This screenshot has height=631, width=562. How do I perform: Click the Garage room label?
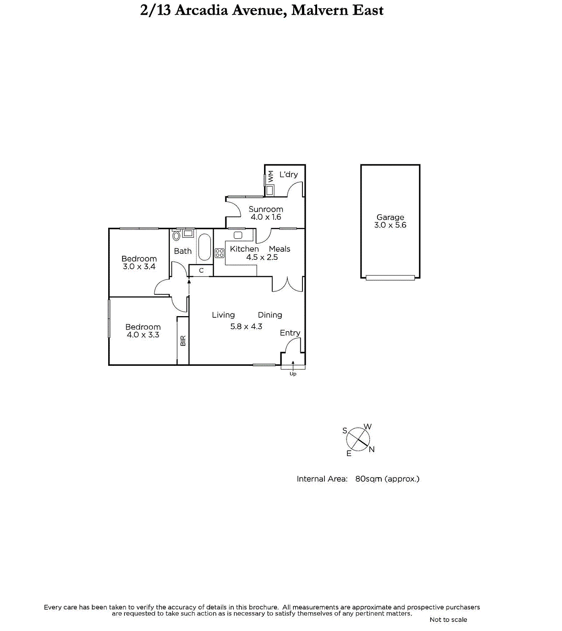390,217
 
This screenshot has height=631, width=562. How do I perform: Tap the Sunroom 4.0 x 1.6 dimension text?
266,217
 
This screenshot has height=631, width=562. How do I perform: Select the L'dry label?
289,175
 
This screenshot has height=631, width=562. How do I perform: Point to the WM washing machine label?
271,176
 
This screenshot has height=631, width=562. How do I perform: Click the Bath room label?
182,251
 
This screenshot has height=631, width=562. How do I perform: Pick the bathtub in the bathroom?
204,247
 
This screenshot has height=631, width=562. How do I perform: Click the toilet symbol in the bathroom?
176,235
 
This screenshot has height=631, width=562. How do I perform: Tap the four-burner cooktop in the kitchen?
220,253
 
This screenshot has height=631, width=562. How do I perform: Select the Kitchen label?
244,249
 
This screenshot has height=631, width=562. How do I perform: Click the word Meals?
280,249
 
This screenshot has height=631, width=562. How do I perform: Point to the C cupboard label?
201,270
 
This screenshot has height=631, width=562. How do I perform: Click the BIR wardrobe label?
183,341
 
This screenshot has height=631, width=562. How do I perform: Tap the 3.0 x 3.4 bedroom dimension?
139,267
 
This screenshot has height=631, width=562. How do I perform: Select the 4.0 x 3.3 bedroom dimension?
143,335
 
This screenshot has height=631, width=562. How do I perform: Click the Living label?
223,315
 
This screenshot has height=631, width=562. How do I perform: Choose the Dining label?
270,315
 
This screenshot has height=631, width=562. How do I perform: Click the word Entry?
290,333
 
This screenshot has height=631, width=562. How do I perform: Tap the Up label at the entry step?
293,374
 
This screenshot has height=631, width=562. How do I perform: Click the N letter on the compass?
371,449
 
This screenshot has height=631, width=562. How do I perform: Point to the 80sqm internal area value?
369,479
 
